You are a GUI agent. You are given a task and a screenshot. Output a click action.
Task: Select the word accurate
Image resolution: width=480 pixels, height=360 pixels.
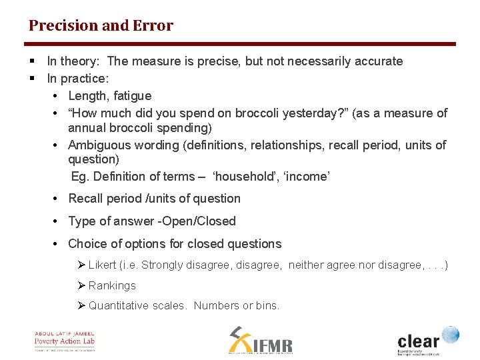coord(378,61)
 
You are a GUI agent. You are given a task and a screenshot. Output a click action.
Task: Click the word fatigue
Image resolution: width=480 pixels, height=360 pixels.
coord(133,96)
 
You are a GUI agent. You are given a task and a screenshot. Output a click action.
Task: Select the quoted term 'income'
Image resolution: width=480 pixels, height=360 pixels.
coord(307,177)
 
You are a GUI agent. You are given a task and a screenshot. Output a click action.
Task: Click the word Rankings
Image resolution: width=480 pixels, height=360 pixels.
coord(112,285)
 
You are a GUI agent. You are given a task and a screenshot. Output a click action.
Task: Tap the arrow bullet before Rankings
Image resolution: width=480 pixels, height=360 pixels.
coord(82,285)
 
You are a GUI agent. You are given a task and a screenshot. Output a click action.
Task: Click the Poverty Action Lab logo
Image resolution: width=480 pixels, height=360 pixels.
coord(65,341)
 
